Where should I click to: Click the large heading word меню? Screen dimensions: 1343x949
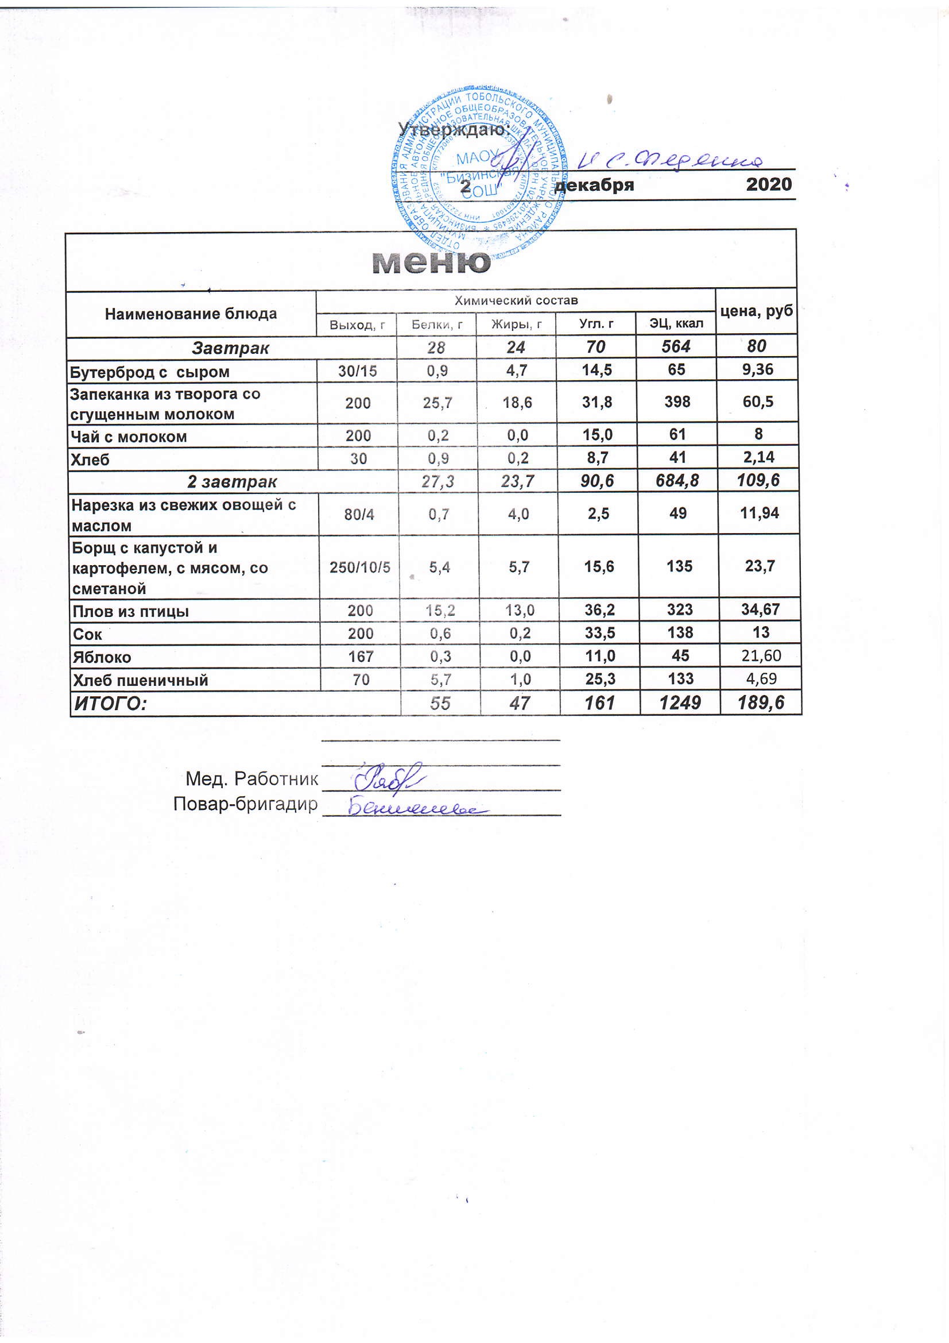tap(432, 263)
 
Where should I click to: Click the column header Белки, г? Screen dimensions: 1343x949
tap(437, 324)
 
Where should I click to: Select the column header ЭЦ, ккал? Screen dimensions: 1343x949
tap(676, 323)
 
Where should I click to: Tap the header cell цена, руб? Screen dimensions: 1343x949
tap(756, 311)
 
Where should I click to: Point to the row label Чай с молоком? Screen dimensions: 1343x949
tap(129, 437)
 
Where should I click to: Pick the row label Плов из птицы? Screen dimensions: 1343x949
tap(130, 612)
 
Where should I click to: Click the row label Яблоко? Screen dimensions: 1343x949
tap(102, 658)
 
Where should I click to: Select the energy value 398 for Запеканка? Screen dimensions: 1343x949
tap(677, 402)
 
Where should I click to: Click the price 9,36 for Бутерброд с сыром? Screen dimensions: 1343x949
tap(757, 370)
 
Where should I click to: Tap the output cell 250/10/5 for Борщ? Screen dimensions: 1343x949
tap(359, 566)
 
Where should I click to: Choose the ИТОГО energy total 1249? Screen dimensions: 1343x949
tap(679, 703)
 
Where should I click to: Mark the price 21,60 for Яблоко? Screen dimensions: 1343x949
tap(761, 656)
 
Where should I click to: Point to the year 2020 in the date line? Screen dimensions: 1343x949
tap(768, 184)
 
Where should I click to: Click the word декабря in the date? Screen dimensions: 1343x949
tap(595, 186)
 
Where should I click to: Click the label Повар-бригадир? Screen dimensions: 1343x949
tap(246, 805)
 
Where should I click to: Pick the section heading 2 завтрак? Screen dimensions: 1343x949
tap(231, 482)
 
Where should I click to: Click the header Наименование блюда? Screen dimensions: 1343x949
tap(191, 314)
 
